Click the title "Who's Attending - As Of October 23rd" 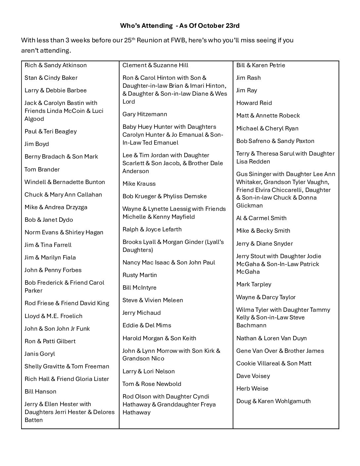click(180, 25)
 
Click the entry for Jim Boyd click(37, 144)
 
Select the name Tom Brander click(42, 169)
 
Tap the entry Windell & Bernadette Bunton click(65, 182)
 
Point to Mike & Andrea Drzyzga click(56, 207)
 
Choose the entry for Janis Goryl click(40, 354)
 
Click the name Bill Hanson click(40, 392)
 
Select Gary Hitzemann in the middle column click(145, 114)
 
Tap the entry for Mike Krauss click(139, 184)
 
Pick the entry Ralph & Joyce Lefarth click(152, 229)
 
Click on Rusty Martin click(140, 275)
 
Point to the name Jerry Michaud click(142, 313)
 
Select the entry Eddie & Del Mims click(147, 325)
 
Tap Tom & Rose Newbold click(152, 384)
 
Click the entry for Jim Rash click(248, 78)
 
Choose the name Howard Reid click(254, 103)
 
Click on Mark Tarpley click(254, 284)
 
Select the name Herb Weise click(252, 389)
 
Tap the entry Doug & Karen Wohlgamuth click(273, 401)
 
